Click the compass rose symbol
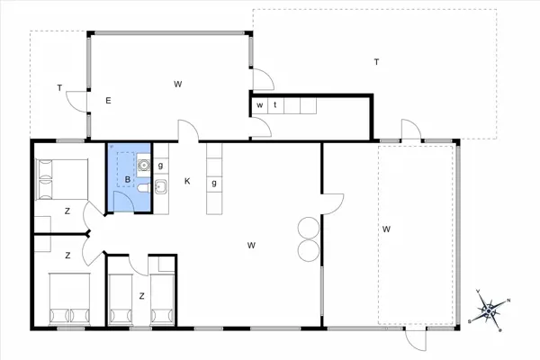click(489, 311)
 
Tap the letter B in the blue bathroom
click(128, 179)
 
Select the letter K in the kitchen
click(187, 181)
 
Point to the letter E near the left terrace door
click(108, 101)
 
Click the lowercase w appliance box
click(260, 105)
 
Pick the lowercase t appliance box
click(276, 105)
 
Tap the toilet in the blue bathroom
click(144, 188)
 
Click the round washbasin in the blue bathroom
click(143, 166)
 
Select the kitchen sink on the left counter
click(161, 186)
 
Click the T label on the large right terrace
click(376, 62)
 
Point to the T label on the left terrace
click(59, 88)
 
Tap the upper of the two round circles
click(309, 228)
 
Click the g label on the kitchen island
click(214, 183)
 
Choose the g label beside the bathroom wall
click(160, 166)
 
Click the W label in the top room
click(177, 84)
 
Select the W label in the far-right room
click(386, 229)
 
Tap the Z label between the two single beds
click(141, 296)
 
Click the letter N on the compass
click(508, 301)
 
